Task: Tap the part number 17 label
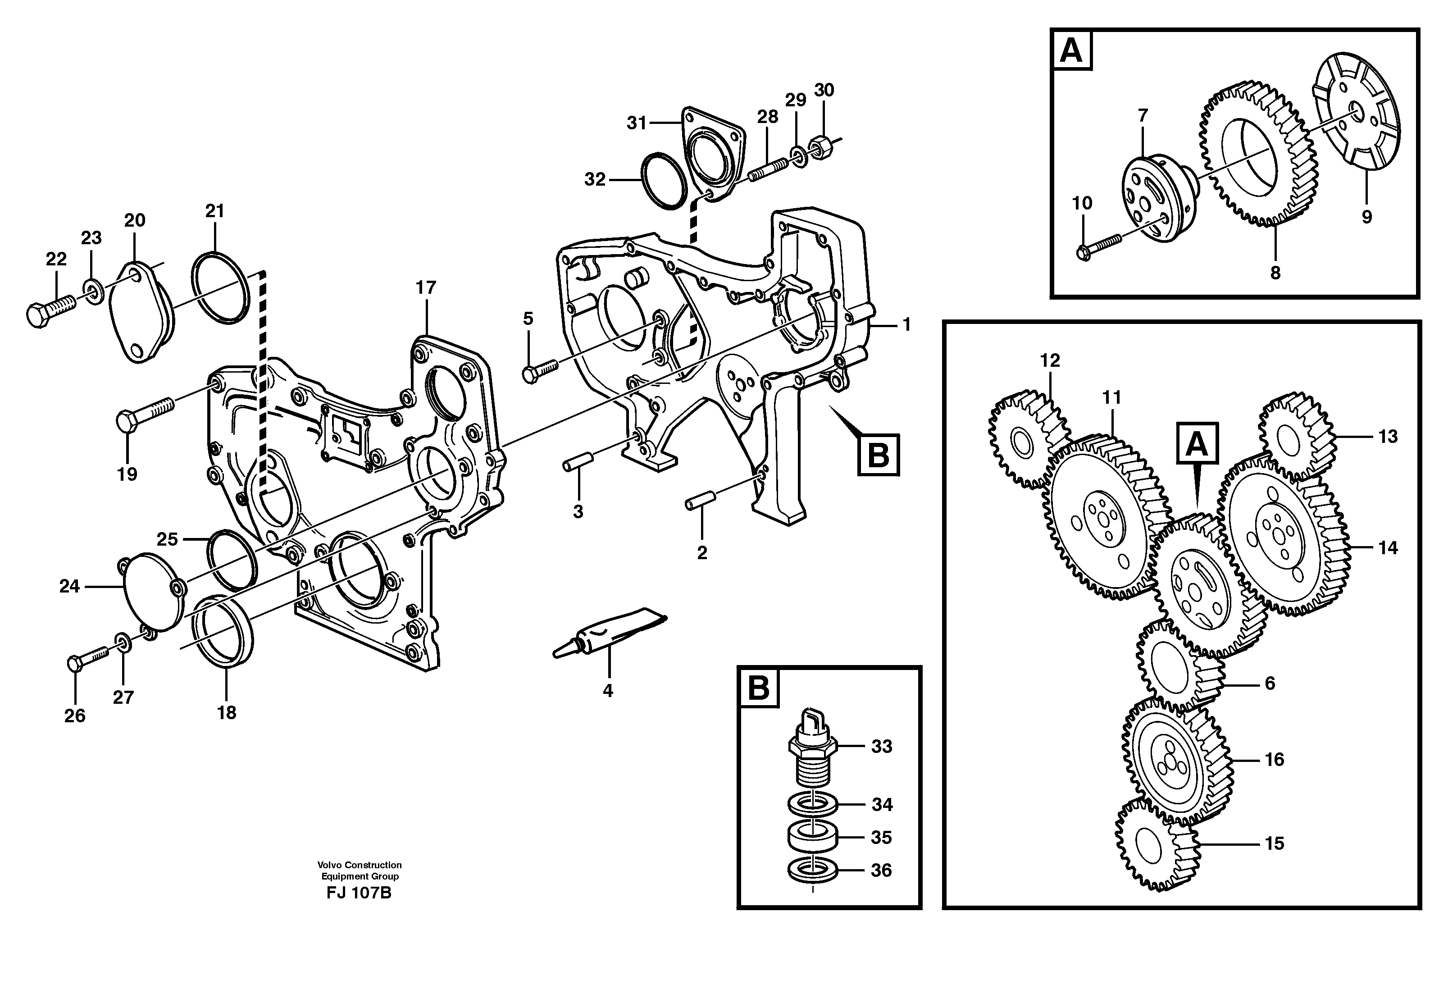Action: pos(426,288)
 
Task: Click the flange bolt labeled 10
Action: pos(1098,245)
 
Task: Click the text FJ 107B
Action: pos(359,893)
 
